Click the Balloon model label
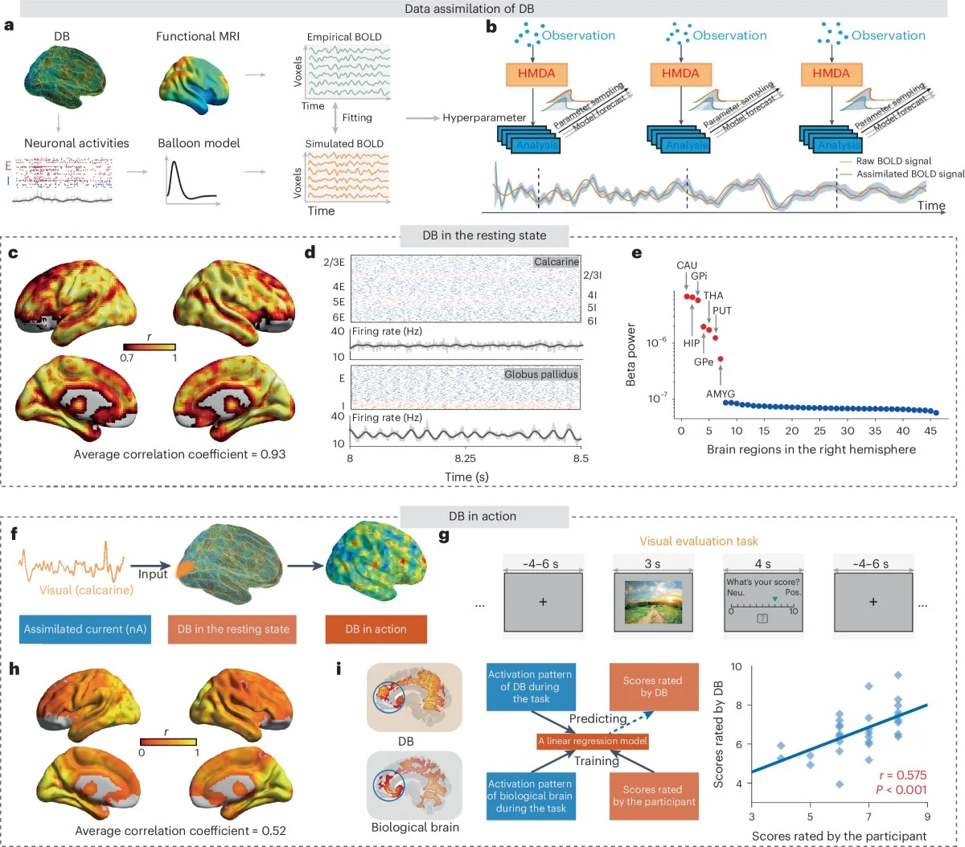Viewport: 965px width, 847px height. [x=199, y=143]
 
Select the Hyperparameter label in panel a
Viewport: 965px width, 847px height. [x=484, y=117]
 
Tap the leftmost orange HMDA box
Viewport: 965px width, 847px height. [x=536, y=73]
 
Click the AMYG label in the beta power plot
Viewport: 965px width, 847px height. [x=721, y=394]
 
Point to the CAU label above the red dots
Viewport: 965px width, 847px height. [x=687, y=265]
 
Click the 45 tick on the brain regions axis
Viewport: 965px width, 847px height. [x=930, y=431]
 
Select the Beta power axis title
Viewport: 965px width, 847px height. [x=631, y=354]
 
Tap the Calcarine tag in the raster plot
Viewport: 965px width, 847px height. [x=556, y=262]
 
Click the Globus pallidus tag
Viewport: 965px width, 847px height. [x=541, y=374]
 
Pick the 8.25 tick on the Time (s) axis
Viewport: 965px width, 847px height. [x=465, y=459]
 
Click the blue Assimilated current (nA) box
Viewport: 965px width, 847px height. [x=85, y=629]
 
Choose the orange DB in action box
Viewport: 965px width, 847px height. [x=376, y=629]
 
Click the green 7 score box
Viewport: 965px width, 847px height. [x=762, y=618]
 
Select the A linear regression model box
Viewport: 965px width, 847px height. [x=593, y=741]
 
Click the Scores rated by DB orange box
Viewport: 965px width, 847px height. [x=652, y=686]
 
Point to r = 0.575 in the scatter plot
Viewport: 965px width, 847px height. [x=902, y=775]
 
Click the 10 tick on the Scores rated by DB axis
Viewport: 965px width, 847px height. [x=736, y=667]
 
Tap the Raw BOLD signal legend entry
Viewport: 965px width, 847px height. [x=893, y=161]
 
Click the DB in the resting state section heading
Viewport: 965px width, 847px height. [x=484, y=235]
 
